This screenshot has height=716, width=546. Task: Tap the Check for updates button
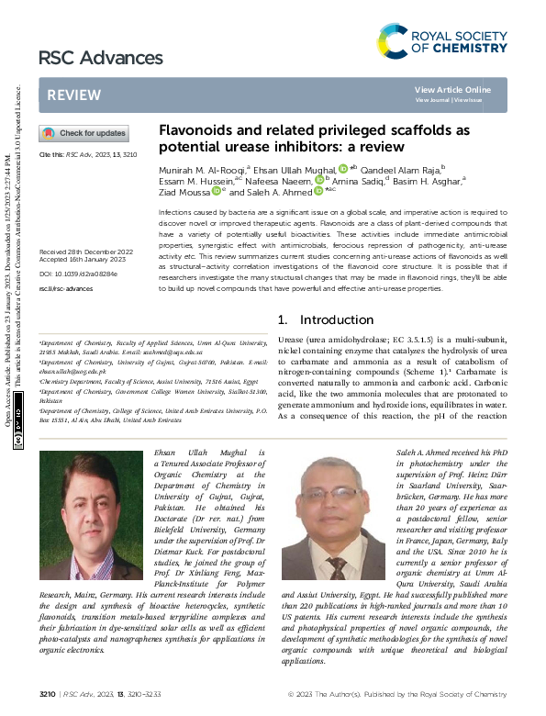[84, 134]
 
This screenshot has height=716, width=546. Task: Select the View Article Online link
[452, 89]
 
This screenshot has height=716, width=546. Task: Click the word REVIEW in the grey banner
[74, 95]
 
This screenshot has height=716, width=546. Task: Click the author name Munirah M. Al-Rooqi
[195, 169]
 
